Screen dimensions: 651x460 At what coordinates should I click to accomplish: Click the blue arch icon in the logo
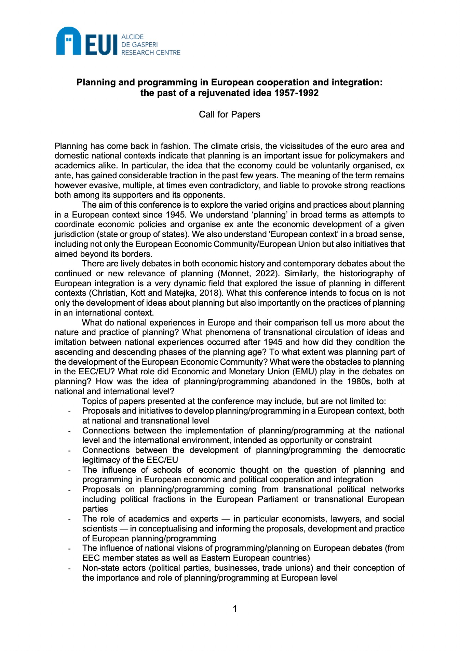click(68, 41)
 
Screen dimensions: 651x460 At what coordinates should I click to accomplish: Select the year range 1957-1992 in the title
click(296, 93)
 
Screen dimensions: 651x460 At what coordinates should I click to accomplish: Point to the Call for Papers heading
click(229, 114)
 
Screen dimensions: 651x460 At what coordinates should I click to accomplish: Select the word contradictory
click(234, 185)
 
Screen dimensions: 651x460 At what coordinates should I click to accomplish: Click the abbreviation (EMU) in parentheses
click(304, 372)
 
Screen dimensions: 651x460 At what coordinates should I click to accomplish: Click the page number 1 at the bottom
click(235, 609)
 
